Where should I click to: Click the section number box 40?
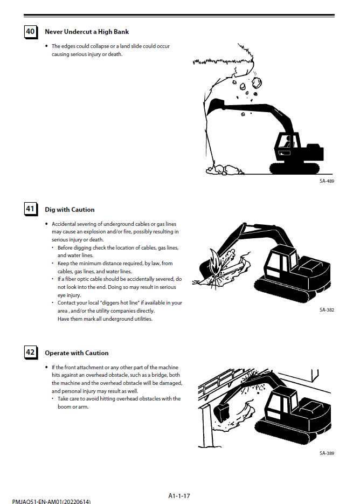31,32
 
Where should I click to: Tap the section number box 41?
31,209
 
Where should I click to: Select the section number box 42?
31,353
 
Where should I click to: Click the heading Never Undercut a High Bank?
87,32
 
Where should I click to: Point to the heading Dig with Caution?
70,210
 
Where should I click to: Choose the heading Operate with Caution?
77,353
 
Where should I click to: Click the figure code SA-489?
327,181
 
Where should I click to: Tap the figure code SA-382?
327,310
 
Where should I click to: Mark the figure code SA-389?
327,453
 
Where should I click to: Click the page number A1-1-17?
179,495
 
